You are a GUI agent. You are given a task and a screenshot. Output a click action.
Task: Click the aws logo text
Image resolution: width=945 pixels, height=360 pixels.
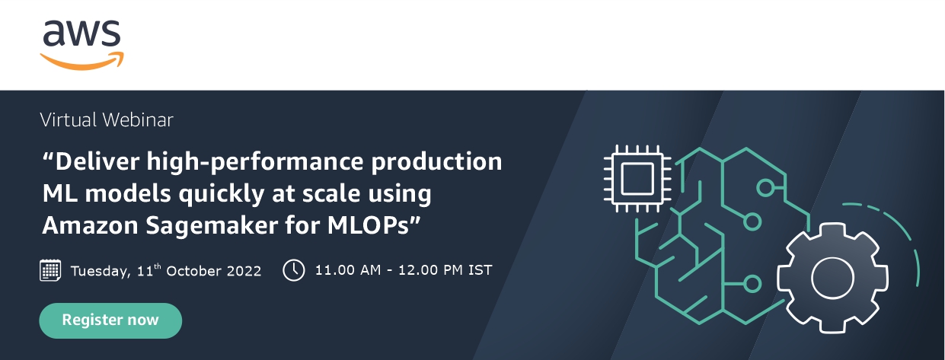(81, 33)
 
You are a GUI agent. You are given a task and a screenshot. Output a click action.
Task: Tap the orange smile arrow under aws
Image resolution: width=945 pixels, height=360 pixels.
(81, 62)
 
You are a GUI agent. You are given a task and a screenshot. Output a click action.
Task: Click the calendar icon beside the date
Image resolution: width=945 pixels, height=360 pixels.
(50, 269)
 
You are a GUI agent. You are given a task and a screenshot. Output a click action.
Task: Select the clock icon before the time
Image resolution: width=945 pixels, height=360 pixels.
(294, 269)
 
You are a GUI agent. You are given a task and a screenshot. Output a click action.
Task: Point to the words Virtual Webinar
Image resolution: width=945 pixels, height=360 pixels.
(107, 120)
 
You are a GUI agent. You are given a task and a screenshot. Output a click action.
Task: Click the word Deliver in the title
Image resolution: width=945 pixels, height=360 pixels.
(97, 161)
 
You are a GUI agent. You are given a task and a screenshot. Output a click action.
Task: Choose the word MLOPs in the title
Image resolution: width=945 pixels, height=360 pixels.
(368, 225)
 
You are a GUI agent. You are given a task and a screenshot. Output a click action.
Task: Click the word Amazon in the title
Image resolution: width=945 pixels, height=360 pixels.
(90, 225)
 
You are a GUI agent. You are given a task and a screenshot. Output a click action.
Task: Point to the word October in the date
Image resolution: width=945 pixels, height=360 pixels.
(193, 271)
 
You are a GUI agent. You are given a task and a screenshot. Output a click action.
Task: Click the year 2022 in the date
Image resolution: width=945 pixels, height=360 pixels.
(244, 271)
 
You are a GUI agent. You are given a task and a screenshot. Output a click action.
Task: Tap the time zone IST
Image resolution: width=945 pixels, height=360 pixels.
(480, 269)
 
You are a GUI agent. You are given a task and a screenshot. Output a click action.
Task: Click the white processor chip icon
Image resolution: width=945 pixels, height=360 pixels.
(637, 178)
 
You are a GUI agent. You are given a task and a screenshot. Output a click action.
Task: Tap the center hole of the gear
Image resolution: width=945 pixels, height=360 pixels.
(832, 279)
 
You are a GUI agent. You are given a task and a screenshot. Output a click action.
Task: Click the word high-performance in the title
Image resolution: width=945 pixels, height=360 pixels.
(255, 162)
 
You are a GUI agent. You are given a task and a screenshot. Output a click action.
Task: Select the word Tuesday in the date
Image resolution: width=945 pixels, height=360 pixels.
(101, 271)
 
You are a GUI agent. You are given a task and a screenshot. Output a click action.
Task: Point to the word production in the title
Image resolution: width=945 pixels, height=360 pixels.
(436, 162)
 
